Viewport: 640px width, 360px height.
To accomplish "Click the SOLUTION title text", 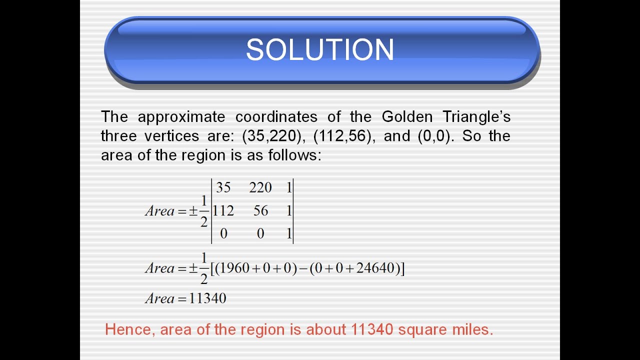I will (320, 49).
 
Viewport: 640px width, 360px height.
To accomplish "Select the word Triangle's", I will (476, 117).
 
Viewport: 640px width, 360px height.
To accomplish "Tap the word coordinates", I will (276, 117).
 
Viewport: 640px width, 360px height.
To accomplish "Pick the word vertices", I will (162, 136).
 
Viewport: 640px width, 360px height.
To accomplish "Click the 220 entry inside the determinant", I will (260, 187).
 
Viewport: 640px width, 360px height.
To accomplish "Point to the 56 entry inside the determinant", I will (260, 211).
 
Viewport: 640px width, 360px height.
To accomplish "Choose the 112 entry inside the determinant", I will (223, 211).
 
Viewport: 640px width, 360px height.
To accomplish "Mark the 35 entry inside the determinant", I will (223, 187).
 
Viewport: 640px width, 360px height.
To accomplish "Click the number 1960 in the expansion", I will (234, 268).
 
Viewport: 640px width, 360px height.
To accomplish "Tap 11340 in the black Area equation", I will (208, 298).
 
